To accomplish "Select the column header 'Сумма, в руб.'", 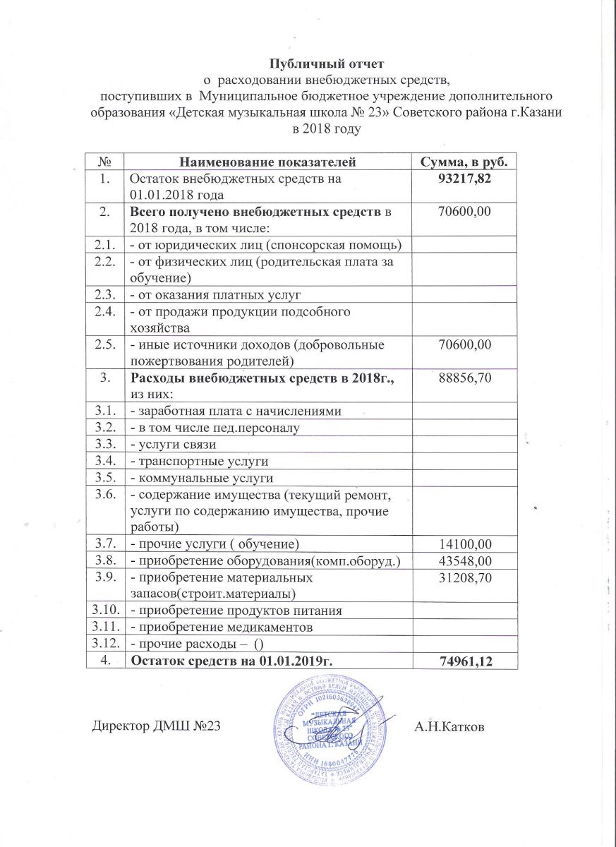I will [464, 162].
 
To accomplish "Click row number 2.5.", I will [104, 344].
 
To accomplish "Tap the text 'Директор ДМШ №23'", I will [157, 726].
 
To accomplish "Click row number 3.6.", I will [104, 495].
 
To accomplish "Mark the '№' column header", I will [104, 162].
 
